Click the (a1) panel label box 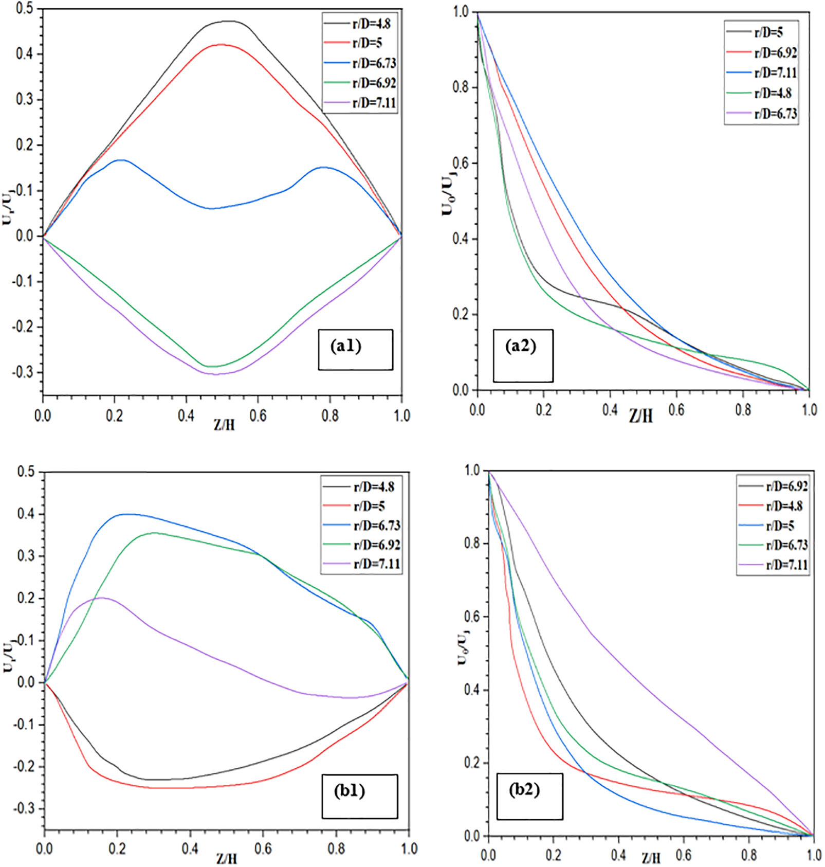[355, 349]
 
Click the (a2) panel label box [523, 355]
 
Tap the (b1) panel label [359, 796]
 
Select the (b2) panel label [529, 796]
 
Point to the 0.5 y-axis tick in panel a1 [24, 8]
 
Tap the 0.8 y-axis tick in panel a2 [461, 87]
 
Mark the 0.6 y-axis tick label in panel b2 [472, 617]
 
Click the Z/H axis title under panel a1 [225, 424]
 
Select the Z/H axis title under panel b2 [651, 857]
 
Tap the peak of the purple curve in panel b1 [100, 598]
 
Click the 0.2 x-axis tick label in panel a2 [543, 410]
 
